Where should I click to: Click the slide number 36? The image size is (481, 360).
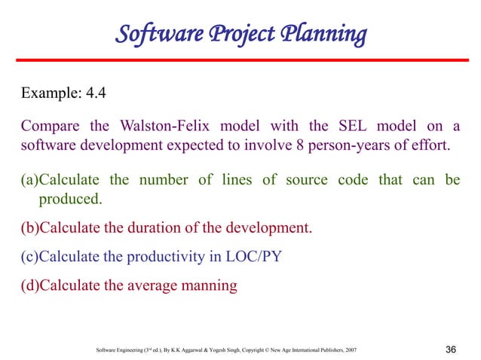tap(452, 349)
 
